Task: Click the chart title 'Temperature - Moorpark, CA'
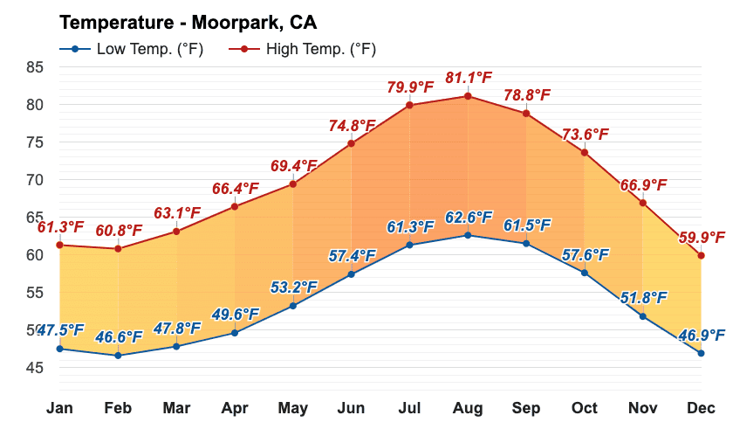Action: (188, 21)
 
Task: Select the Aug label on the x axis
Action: (468, 408)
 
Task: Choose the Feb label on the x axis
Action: (118, 408)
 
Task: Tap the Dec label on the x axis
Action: (701, 408)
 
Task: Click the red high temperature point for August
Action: (468, 96)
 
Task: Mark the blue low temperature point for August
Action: (468, 235)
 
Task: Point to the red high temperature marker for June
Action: (351, 143)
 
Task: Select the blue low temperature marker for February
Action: (118, 355)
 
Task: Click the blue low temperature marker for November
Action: (642, 316)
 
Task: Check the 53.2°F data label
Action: (294, 287)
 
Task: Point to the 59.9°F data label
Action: (702, 237)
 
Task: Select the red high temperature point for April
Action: (235, 206)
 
